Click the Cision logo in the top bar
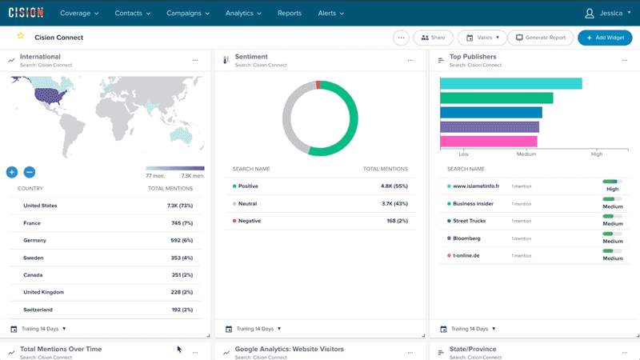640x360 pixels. click(26, 13)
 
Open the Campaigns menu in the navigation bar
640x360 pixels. click(187, 14)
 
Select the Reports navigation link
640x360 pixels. click(289, 14)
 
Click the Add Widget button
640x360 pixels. click(605, 38)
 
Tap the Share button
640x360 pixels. click(433, 38)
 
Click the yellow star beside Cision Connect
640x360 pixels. click(21, 37)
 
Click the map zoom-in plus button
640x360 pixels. click(12, 172)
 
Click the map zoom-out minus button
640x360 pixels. click(30, 172)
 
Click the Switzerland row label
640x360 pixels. click(38, 310)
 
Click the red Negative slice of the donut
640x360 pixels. click(318, 84)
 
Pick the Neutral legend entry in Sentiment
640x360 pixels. click(247, 204)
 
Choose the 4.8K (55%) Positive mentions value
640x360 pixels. click(394, 186)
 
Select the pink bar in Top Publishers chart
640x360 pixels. click(489, 142)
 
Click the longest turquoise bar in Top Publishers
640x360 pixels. click(510, 84)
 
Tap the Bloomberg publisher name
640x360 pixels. click(468, 238)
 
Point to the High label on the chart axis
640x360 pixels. click(596, 154)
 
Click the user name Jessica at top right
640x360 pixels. click(611, 14)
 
